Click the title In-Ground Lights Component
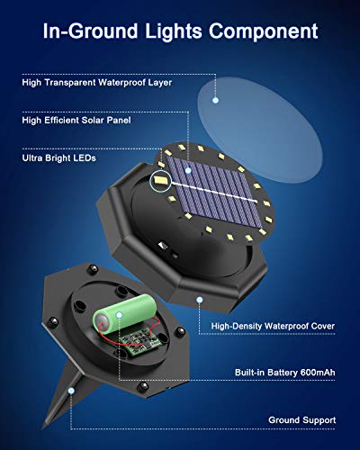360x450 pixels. coord(180,31)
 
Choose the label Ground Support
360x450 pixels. coord(301,419)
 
